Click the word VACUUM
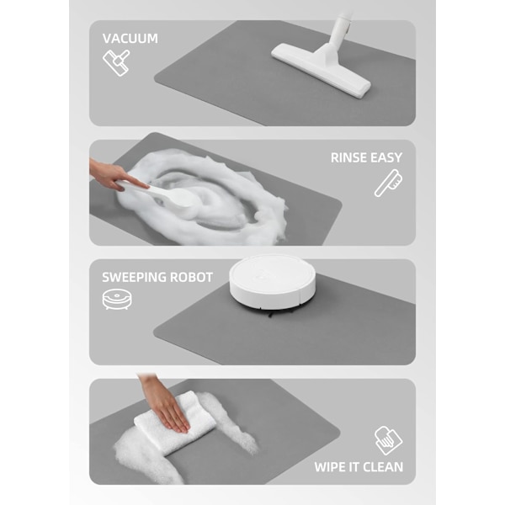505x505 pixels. point(130,39)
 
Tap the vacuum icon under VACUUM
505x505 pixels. point(116,63)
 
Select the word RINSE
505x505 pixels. point(348,158)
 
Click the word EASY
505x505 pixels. point(386,158)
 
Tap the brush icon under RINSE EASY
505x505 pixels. point(388,183)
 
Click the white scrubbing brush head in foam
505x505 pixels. point(181,199)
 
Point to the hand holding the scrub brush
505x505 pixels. point(113,176)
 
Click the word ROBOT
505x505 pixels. point(191,277)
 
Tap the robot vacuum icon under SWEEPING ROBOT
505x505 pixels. point(117,300)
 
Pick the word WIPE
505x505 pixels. point(328,467)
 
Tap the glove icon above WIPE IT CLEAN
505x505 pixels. point(388,440)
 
